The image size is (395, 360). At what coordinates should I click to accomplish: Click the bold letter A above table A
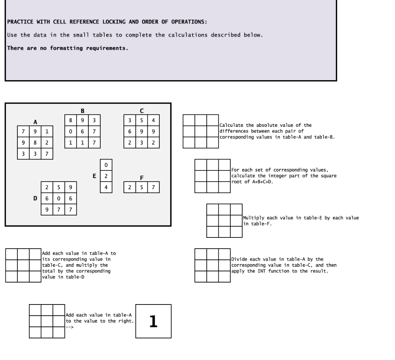(35, 122)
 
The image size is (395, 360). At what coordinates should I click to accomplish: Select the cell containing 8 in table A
(35, 143)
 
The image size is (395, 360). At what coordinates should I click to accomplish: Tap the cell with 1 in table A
(47, 131)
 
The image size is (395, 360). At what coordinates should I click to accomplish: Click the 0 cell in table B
(71, 131)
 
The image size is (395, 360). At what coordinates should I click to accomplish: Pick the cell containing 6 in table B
(83, 131)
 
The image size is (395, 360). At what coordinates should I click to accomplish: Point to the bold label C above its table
(142, 111)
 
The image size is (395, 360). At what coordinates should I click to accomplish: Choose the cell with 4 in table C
(154, 120)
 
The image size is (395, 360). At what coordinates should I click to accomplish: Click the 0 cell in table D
(59, 199)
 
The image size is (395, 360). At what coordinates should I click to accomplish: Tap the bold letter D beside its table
(35, 199)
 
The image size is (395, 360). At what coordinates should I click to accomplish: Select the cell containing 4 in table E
(106, 187)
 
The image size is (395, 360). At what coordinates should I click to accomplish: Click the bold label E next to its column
(94, 176)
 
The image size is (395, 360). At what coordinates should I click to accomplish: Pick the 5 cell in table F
(142, 187)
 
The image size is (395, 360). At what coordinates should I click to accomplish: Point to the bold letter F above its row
(142, 178)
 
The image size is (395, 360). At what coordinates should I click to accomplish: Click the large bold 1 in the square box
(154, 321)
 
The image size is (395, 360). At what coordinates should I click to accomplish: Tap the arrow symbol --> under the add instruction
(70, 327)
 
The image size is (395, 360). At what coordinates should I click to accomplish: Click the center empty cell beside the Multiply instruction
(225, 221)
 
